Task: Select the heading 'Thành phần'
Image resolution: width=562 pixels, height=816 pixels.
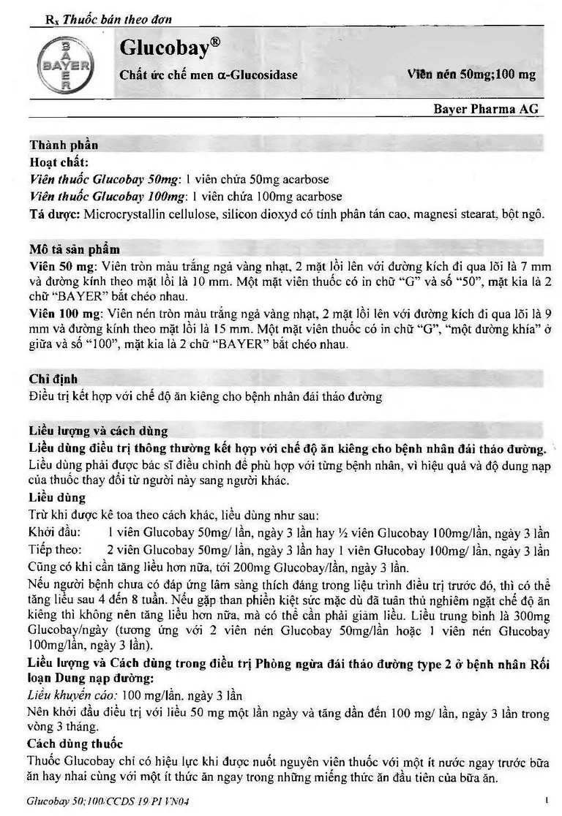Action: [x=64, y=145]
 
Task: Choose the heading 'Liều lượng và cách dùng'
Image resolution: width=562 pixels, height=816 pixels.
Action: [x=98, y=431]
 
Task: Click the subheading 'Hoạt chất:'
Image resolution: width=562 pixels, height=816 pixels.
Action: [x=59, y=162]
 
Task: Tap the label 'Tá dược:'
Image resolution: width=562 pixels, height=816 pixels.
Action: [x=56, y=214]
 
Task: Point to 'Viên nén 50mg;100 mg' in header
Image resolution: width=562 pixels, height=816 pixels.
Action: [x=471, y=75]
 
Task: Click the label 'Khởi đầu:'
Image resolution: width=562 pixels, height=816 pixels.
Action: [x=55, y=533]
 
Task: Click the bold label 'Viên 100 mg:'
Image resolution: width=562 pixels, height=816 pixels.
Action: [x=61, y=311]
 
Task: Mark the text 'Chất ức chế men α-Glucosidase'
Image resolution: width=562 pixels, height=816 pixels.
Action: [x=209, y=75]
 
